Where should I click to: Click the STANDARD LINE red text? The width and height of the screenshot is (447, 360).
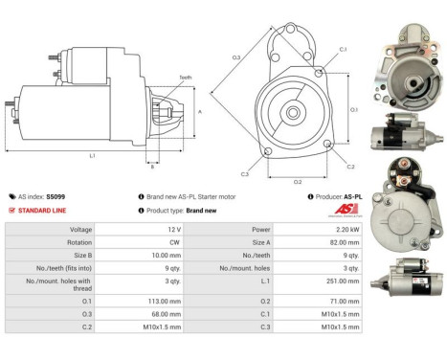[x=41, y=210]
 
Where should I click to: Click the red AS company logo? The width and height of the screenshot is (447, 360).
[x=353, y=210]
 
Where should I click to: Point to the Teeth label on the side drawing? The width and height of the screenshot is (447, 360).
[x=185, y=78]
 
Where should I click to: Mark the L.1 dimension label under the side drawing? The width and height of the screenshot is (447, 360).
[x=92, y=154]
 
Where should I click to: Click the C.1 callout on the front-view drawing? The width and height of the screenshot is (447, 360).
[x=343, y=49]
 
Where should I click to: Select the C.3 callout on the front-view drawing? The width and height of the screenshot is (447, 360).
[x=244, y=174]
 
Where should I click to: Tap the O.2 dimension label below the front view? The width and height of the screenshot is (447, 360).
[x=298, y=180]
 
